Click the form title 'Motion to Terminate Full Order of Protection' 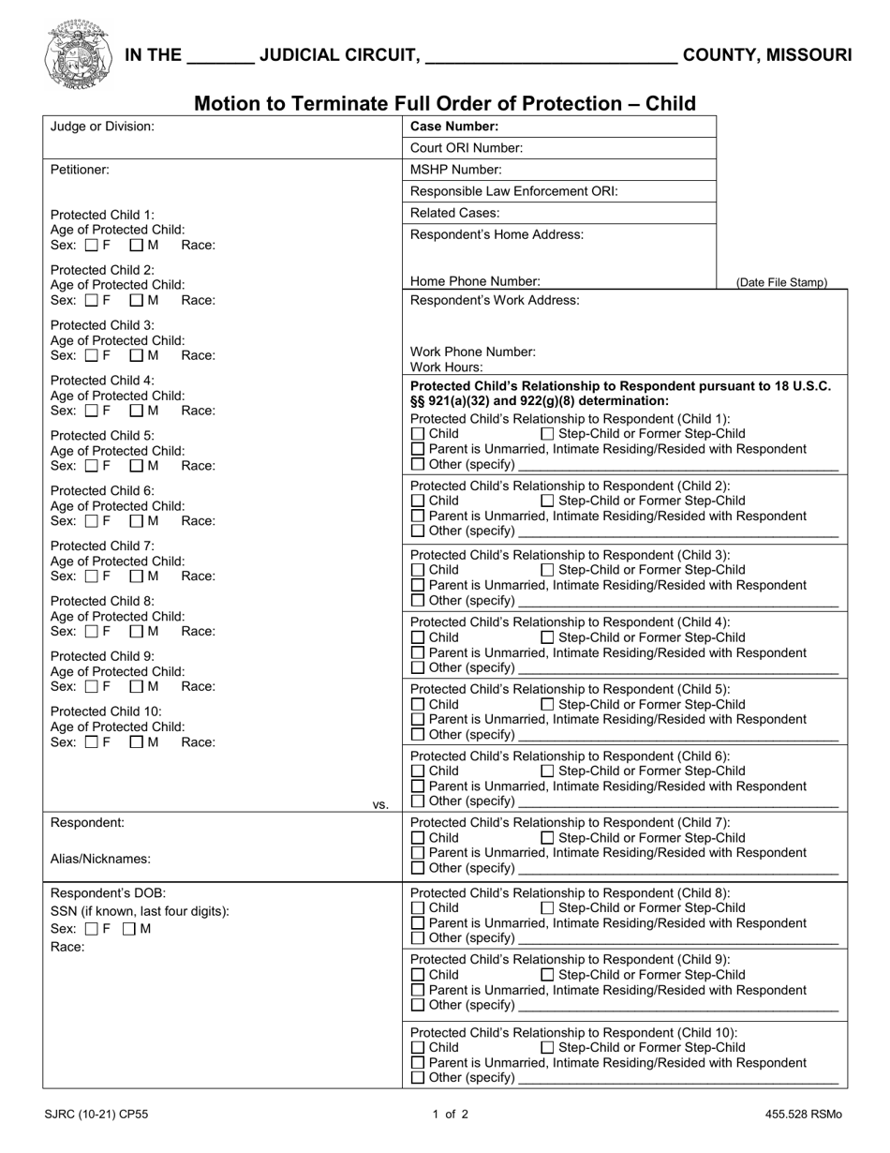pos(444,103)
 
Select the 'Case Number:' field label pos(454,127)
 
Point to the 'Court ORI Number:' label pos(467,148)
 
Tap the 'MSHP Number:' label pos(456,170)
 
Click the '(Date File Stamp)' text pos(781,282)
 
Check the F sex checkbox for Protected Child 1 pos(92,246)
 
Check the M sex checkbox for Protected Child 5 pos(136,466)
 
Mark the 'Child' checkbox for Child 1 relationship pos(418,434)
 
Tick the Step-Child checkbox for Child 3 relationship pos(548,570)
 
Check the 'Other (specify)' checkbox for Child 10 pos(418,1078)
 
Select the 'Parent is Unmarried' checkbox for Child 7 pos(418,853)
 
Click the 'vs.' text pos(380,804)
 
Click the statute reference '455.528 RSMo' pos(803,1115)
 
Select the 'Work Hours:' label pos(447,367)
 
